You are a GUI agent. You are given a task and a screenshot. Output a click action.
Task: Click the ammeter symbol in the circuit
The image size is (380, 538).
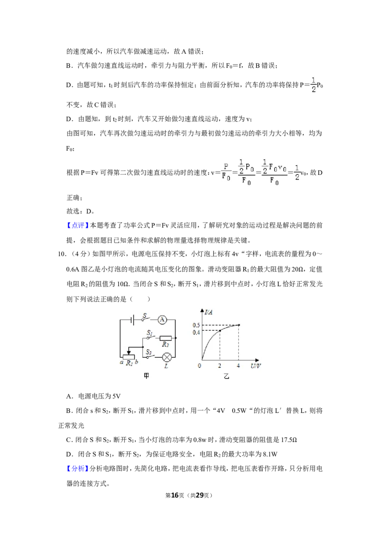click(162, 320)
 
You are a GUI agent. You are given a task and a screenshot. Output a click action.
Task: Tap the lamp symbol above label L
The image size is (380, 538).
click(167, 357)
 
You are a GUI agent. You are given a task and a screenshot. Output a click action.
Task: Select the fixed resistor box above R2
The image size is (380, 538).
click(166, 338)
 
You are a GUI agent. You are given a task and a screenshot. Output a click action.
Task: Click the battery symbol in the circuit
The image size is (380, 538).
click(133, 320)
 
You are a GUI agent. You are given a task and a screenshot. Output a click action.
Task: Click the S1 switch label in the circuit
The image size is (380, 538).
click(150, 333)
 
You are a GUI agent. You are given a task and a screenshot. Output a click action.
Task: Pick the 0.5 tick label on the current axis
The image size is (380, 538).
click(196, 325)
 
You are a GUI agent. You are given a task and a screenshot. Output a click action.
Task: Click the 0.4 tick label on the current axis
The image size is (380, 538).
click(196, 333)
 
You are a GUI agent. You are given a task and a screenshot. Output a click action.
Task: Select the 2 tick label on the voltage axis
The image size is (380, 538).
click(219, 366)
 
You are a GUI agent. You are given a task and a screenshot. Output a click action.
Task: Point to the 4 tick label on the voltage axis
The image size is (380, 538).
click(238, 366)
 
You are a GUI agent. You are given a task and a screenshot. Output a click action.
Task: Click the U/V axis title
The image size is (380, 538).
click(256, 366)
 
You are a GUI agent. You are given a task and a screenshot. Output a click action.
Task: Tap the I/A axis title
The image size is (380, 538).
click(209, 312)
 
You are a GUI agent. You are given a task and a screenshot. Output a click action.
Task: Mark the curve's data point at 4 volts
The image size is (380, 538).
click(239, 325)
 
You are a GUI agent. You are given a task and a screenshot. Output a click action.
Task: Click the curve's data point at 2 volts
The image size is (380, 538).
click(220, 330)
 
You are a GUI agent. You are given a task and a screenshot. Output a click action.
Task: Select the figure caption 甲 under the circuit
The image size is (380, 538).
click(146, 376)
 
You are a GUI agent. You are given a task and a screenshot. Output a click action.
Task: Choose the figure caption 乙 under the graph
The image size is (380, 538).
click(227, 376)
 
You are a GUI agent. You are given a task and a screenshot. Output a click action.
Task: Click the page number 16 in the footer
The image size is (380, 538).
click(175, 495)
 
